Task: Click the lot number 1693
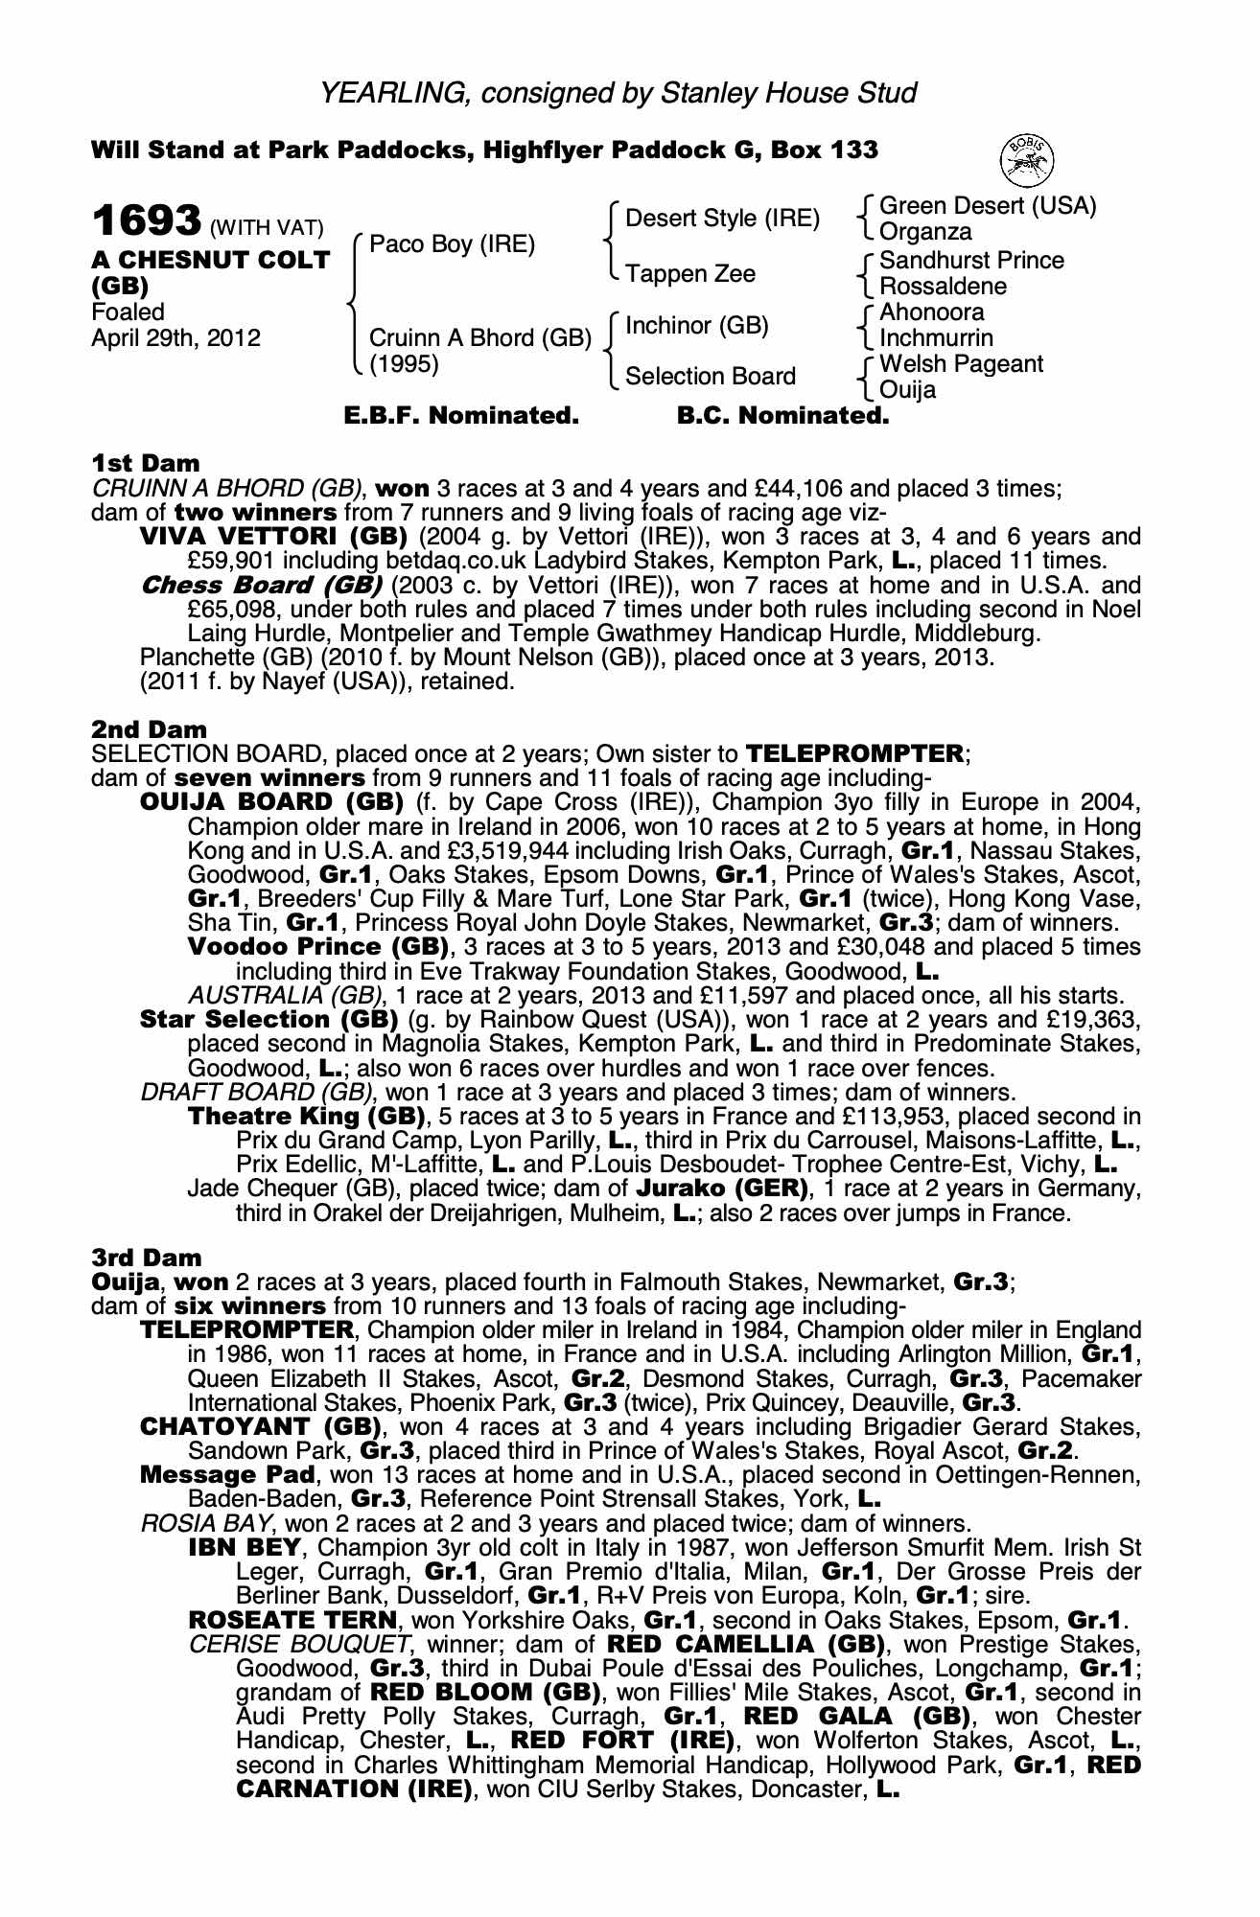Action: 146,221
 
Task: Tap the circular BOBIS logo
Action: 1026,159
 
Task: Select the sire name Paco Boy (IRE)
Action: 452,244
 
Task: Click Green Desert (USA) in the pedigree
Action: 988,206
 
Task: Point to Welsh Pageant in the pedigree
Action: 961,364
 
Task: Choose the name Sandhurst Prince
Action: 971,261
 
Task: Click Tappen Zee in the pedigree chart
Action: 690,274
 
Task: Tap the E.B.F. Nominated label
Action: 461,416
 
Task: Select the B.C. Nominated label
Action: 782,416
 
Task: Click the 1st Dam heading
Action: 145,464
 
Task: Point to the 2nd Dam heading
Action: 149,729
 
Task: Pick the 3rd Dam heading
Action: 147,1258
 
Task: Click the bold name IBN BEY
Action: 245,1548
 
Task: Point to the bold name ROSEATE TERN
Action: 292,1621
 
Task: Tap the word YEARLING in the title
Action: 393,93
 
